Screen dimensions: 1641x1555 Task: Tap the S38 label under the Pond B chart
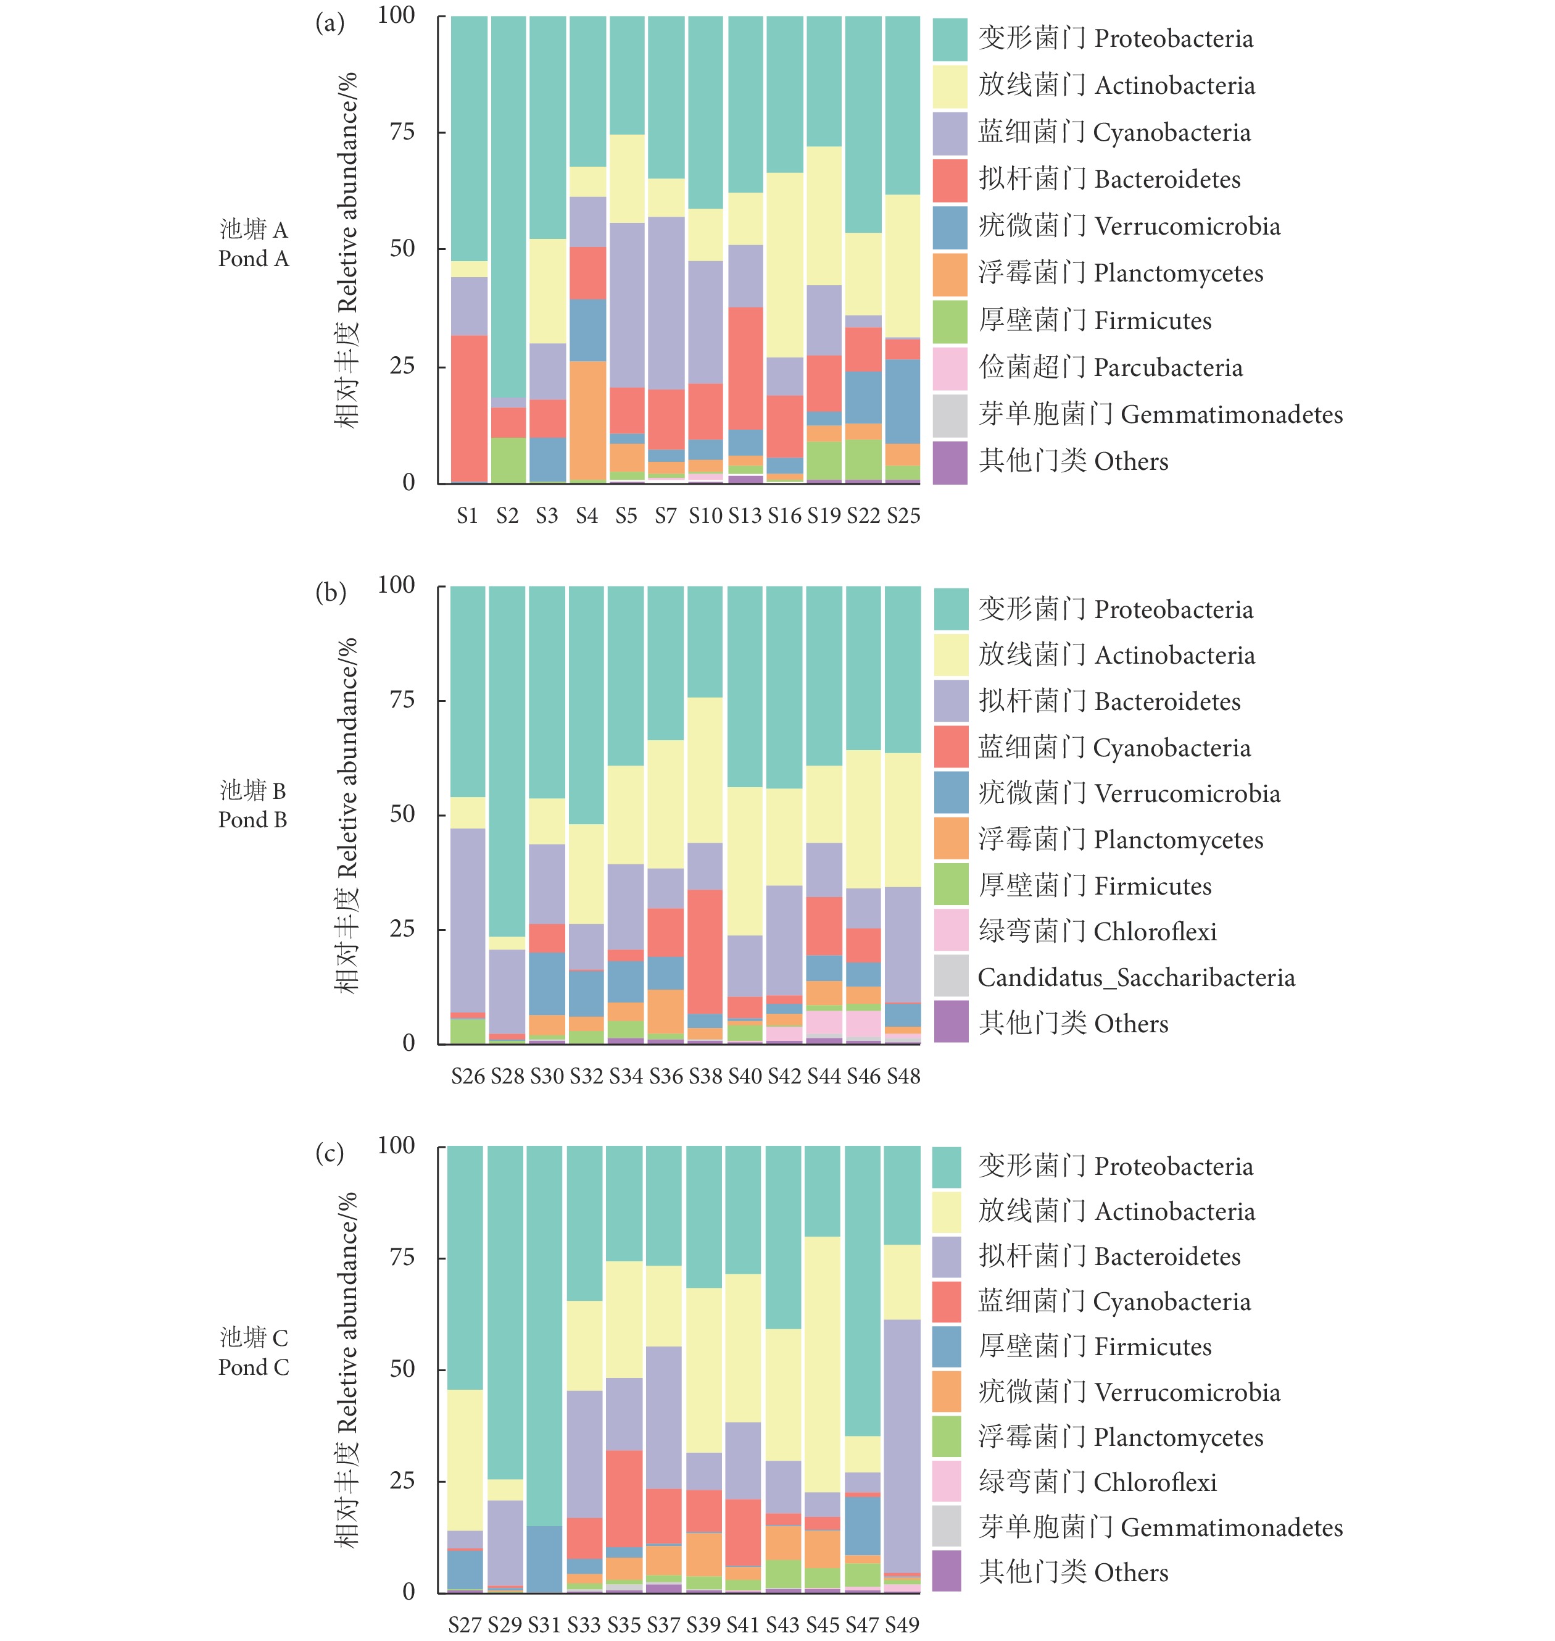tap(705, 1076)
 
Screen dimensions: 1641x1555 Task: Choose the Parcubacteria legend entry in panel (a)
tap(1111, 367)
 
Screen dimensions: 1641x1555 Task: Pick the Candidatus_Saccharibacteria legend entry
tap(1135, 978)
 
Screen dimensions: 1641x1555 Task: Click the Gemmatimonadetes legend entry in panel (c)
tap(1161, 1527)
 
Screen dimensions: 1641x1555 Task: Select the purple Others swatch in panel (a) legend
tap(949, 462)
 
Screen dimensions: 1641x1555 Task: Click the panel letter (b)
tap(330, 592)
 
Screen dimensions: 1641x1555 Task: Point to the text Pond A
tap(254, 259)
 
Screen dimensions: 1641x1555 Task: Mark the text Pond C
tap(254, 1367)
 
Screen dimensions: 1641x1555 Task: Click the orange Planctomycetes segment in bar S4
tap(587, 420)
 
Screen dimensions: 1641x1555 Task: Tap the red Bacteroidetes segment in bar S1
tap(468, 408)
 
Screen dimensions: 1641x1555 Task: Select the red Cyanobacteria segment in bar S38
tap(705, 951)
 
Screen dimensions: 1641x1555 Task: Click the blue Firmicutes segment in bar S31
tap(544, 1559)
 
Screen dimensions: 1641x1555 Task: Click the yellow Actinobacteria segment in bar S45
tap(823, 1364)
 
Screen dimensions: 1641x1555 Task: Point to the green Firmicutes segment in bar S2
tap(508, 459)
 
